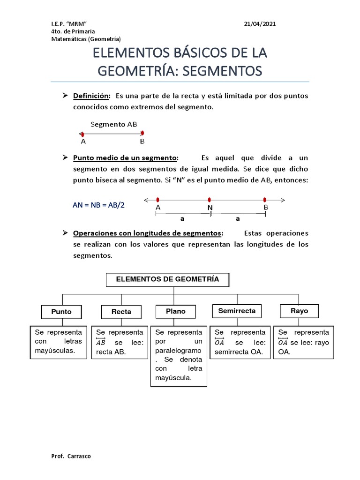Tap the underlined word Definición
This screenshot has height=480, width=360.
coord(91,96)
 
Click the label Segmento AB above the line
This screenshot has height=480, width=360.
coord(114,124)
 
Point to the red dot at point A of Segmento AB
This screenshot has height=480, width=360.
coord(82,135)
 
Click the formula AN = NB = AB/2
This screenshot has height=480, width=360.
coord(99,205)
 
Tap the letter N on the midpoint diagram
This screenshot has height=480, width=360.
coord(210,208)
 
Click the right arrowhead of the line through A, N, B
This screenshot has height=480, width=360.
coord(283,200)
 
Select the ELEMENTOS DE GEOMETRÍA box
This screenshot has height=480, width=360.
coord(167,280)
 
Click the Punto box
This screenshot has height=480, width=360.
coord(61,312)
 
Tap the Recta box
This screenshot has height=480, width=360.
coord(121,312)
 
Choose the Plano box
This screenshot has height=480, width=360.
coord(175,311)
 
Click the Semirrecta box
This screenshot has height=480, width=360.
coord(237,311)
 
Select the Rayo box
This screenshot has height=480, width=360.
coord(299,311)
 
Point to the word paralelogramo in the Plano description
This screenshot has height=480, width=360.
coord(178,351)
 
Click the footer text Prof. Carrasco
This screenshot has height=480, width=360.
coord(71,456)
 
